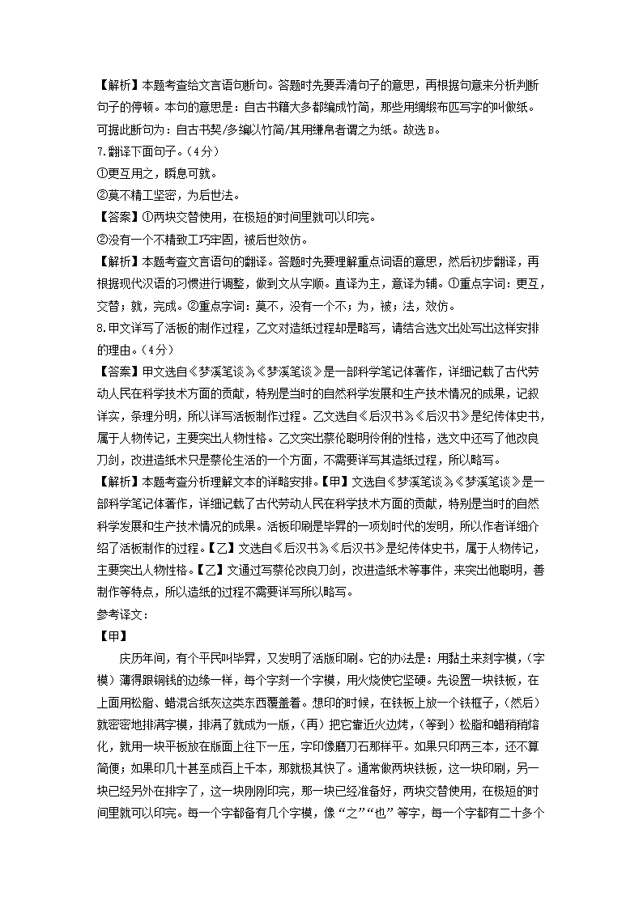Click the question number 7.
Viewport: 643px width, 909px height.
(x=100, y=151)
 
